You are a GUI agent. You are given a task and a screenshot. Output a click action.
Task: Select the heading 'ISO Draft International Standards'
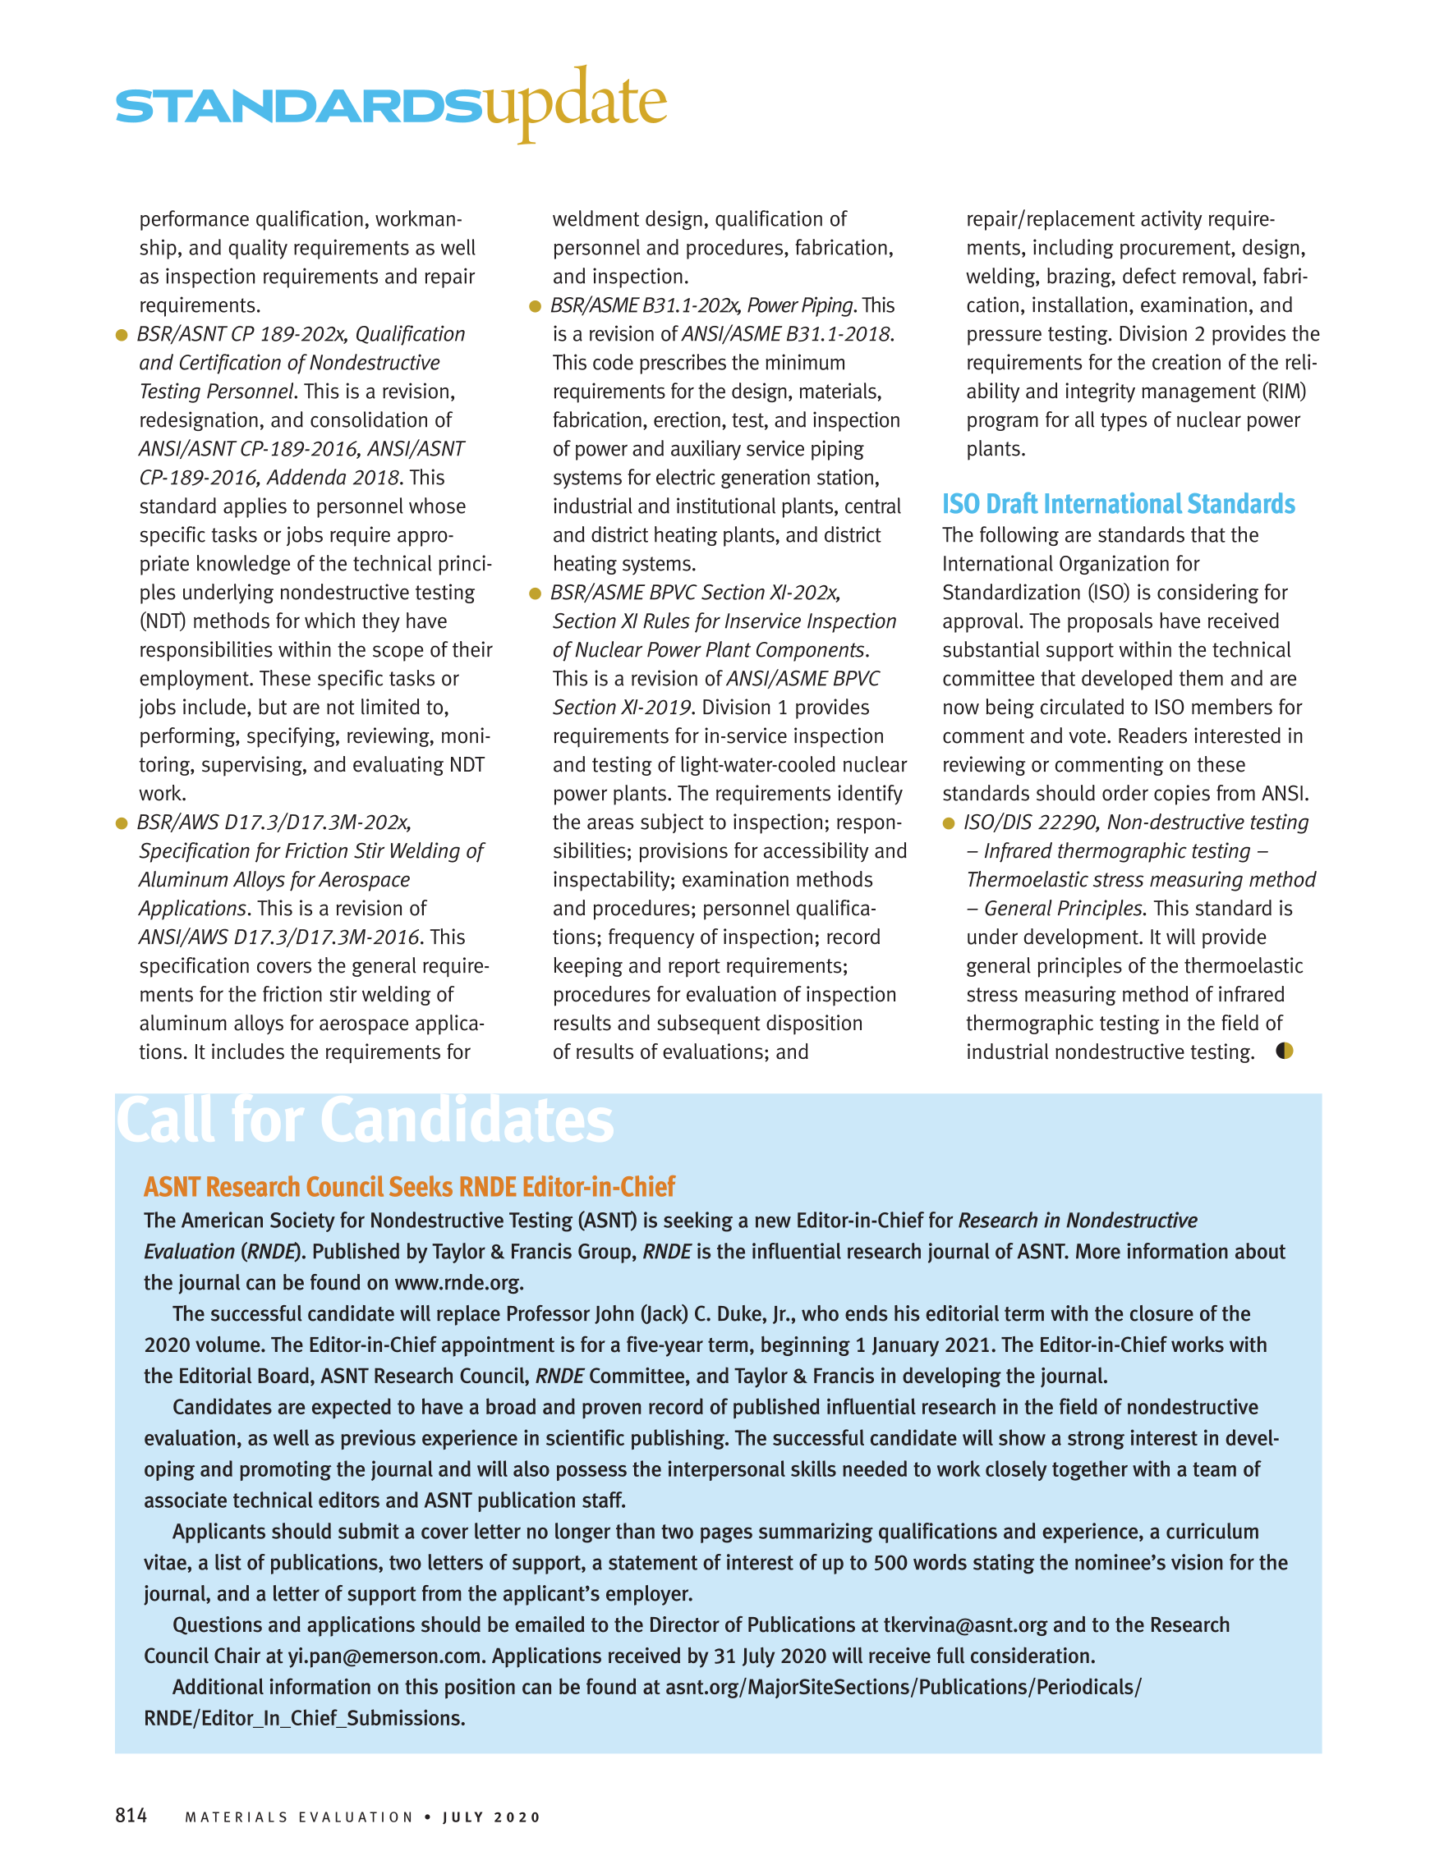1118,504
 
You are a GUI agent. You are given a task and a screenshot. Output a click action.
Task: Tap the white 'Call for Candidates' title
365,1120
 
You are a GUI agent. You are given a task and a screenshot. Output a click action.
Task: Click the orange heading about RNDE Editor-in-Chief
409,1187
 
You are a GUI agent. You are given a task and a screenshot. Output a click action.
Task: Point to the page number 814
131,1815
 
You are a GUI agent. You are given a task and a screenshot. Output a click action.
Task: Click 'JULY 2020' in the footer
492,1817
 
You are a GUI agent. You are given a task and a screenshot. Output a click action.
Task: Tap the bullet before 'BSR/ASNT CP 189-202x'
121,335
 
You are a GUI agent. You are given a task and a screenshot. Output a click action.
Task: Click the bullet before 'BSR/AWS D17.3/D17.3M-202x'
121,822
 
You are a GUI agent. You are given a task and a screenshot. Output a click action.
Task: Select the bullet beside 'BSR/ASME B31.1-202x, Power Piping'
535,306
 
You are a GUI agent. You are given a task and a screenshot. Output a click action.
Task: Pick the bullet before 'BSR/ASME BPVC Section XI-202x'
535,593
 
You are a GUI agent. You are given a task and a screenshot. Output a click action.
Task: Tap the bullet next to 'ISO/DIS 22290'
949,822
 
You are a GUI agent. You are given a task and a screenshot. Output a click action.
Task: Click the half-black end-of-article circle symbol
1285,1052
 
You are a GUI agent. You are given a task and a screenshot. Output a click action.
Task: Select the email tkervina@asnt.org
965,1624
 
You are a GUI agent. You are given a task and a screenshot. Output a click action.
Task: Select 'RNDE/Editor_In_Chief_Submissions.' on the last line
305,1718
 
